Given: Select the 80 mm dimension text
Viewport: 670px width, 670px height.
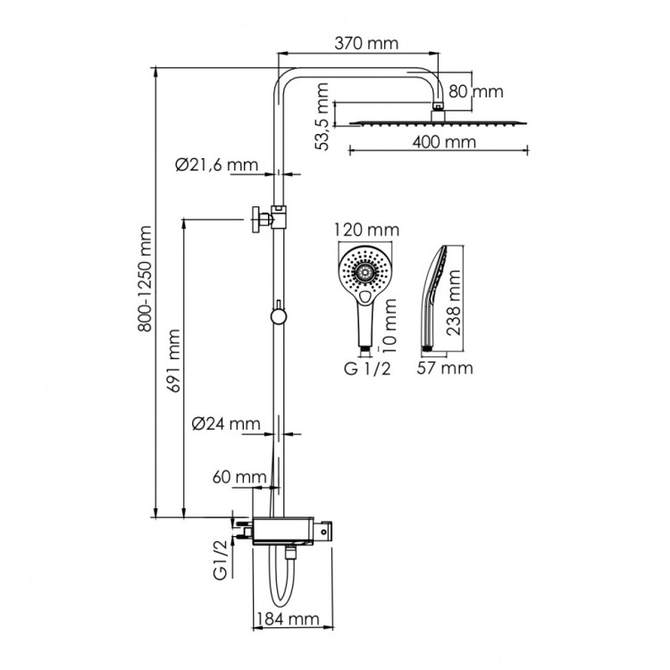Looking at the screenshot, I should coord(475,91).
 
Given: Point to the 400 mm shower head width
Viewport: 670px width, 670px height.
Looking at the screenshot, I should coord(444,141).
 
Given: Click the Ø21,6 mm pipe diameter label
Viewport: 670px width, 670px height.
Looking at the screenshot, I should coord(216,164).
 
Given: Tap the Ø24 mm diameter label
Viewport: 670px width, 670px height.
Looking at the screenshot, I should coord(226,423).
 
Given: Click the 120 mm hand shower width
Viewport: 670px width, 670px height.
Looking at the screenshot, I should coord(364,229).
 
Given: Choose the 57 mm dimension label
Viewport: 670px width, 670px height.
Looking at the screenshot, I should coord(443,367).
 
